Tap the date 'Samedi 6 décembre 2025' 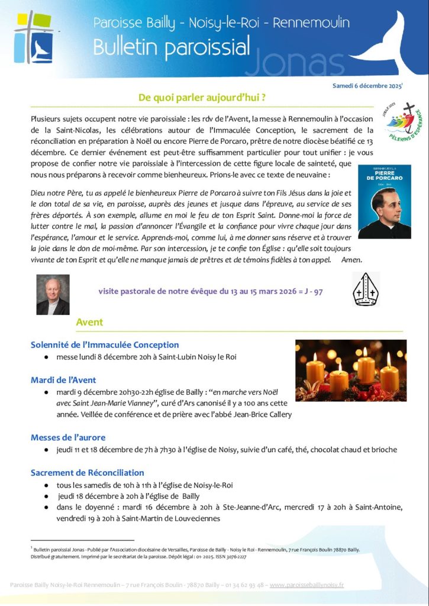click(367, 86)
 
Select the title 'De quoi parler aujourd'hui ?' click(201, 98)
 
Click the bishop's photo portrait click(53, 294)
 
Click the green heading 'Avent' click(89, 323)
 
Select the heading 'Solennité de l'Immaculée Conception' click(105, 345)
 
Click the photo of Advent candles click(351, 370)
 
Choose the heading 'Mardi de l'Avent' click(63, 380)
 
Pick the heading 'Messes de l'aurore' click(68, 437)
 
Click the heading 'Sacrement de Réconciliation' click(88, 473)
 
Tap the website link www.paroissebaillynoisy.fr click(307, 585)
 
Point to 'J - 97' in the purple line click(310, 292)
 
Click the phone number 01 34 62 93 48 click(241, 585)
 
